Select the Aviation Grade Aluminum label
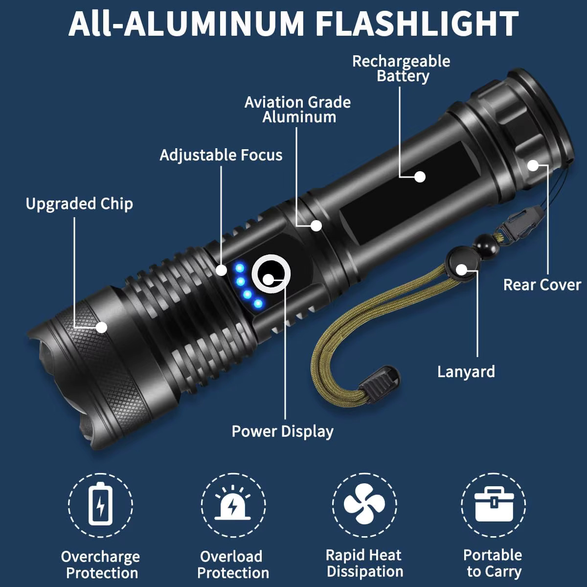coord(298,110)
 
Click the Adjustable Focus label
coord(221,155)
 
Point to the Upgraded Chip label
coord(79,203)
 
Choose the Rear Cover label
coord(542,285)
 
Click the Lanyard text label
coord(466,372)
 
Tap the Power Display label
coord(282,431)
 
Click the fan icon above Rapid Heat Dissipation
coord(364,504)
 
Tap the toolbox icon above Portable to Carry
coord(494,504)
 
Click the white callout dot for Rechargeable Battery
coord(420,177)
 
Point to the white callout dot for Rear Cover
coord(533,165)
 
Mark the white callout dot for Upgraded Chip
coord(101,327)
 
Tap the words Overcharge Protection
coord(101,564)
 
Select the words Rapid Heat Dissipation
coord(364,563)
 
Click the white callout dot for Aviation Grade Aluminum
coord(316,226)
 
